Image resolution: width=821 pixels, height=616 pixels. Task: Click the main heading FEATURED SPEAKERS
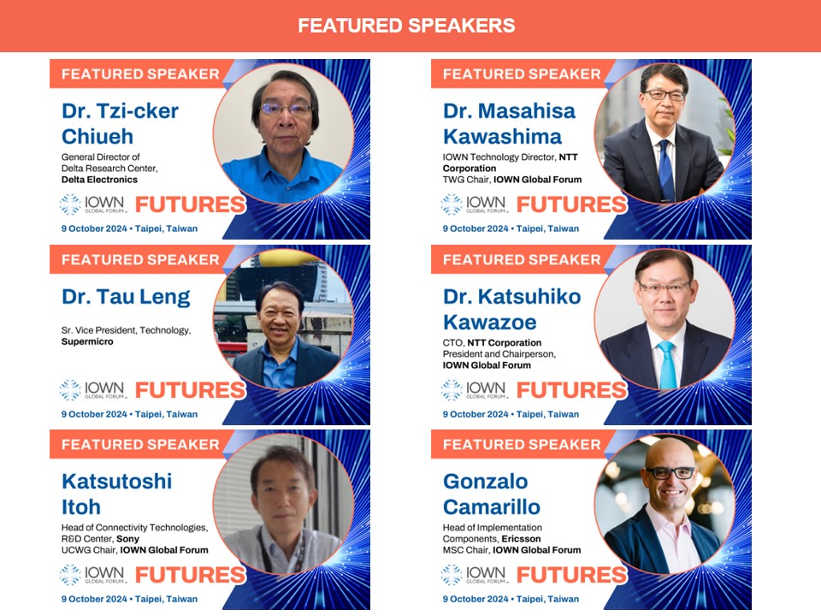click(x=406, y=25)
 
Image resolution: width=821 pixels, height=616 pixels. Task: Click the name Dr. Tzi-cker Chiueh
click(x=120, y=123)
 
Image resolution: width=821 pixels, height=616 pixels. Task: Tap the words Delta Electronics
click(x=99, y=180)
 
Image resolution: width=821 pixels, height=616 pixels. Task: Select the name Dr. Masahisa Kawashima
click(x=509, y=123)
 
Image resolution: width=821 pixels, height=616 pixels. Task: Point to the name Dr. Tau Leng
click(x=126, y=297)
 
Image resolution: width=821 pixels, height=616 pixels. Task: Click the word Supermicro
click(x=87, y=341)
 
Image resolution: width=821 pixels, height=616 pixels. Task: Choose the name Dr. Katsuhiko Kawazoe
click(x=511, y=309)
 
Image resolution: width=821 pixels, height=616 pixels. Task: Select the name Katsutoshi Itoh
click(x=117, y=494)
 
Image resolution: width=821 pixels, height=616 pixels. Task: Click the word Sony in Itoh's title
click(x=127, y=539)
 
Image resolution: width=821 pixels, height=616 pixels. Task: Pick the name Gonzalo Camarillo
click(x=492, y=494)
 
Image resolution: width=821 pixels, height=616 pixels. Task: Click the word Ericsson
click(x=521, y=539)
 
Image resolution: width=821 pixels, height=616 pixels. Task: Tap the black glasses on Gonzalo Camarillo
click(x=670, y=473)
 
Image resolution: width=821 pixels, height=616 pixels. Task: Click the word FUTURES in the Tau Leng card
click(x=190, y=390)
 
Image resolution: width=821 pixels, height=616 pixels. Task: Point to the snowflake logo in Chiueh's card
click(x=70, y=204)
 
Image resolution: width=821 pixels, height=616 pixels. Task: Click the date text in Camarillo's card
click(x=511, y=599)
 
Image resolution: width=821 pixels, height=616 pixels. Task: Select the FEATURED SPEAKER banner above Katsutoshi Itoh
click(x=140, y=445)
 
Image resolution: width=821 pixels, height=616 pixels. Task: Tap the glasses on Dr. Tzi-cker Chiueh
click(x=286, y=109)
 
